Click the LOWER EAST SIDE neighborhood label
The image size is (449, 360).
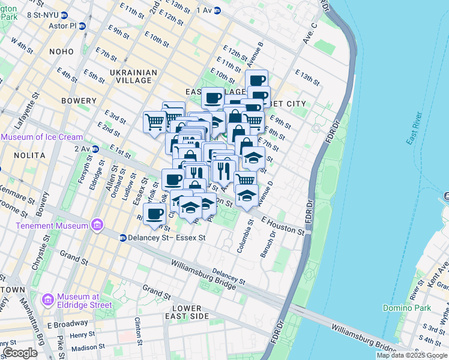[x=190, y=312]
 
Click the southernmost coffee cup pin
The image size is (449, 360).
[x=155, y=213]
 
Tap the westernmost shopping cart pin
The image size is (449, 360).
[x=154, y=121]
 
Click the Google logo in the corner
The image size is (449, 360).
[x=20, y=353]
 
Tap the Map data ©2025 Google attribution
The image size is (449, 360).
[x=412, y=355]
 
